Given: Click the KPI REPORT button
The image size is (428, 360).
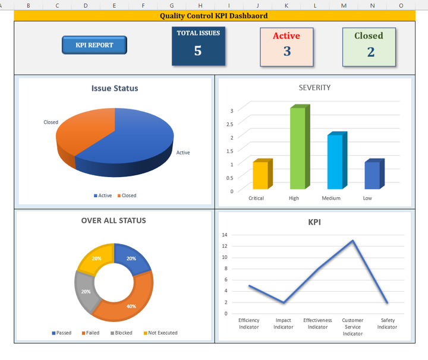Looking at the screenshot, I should [x=95, y=45].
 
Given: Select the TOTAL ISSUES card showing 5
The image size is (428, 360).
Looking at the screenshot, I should [x=198, y=46].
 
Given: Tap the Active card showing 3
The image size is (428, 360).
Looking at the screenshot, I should [x=287, y=46].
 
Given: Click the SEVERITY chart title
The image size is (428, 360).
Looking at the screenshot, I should [x=314, y=88].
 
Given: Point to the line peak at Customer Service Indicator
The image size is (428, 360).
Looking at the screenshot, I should [x=353, y=241].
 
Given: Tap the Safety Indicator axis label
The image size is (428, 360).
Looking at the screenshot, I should [x=387, y=324].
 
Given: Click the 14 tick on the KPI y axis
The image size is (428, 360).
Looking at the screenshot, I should [x=225, y=235].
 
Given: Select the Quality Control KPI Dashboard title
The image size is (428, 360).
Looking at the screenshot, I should [x=213, y=16].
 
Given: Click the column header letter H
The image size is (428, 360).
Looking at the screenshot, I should [x=200, y=5].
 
